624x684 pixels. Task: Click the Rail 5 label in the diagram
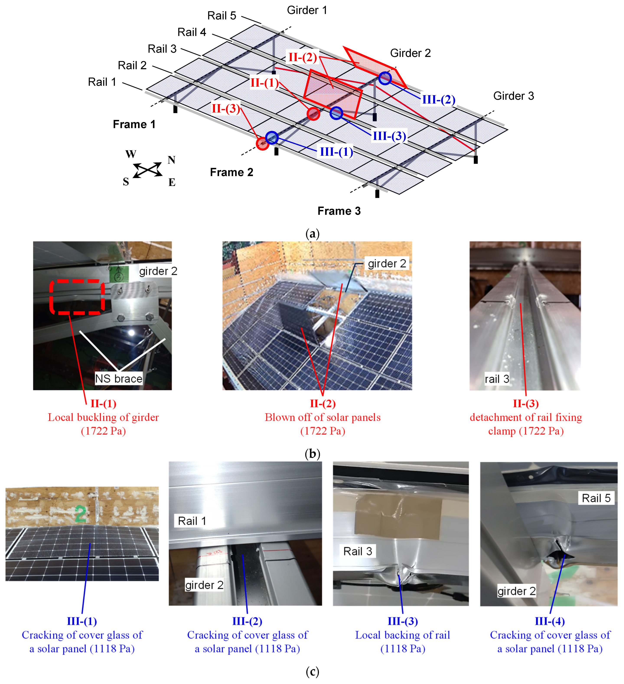coord(222,16)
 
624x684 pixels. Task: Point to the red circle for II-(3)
coord(262,144)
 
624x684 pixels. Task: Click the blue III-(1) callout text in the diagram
coord(336,152)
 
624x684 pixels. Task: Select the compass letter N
coord(171,160)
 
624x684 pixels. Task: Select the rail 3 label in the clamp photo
coord(497,379)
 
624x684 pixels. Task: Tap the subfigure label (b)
coord(312,454)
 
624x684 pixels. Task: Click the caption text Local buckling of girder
coord(103,417)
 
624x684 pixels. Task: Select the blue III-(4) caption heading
coord(549,621)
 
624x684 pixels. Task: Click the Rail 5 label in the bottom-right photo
coord(596,498)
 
